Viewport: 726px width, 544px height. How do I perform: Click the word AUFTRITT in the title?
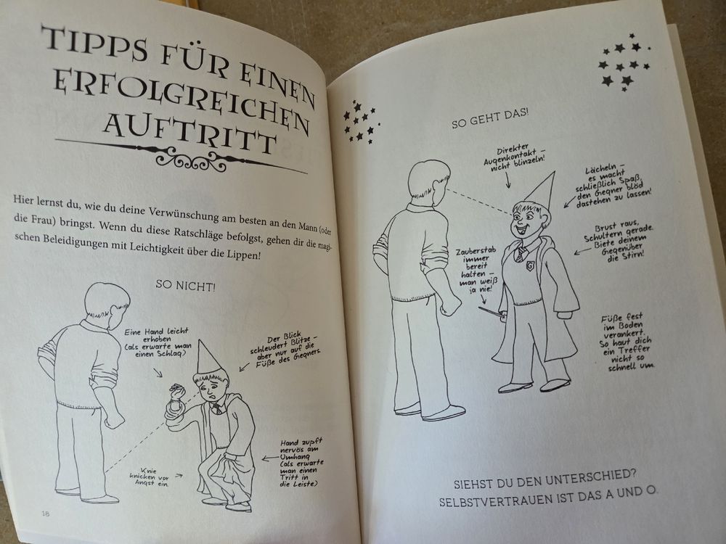189,131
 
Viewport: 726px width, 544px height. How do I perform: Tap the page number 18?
45,513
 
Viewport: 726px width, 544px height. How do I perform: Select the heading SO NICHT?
186,285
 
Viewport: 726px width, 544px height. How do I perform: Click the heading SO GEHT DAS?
490,119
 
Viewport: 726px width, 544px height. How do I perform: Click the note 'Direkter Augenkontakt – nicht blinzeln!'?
513,157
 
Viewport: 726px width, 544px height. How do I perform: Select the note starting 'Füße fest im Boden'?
626,342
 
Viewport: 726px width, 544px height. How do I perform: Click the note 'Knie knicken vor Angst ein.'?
149,477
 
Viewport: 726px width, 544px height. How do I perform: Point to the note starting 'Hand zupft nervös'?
301,463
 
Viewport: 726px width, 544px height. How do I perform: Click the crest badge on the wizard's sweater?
529,267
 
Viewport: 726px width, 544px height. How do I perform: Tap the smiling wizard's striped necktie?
521,252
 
